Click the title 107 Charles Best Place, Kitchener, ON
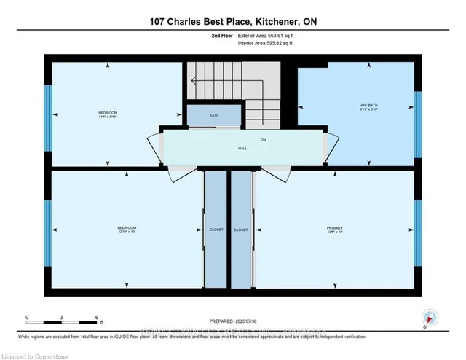pos(232,22)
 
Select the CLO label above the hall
pos(214,115)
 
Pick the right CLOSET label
pos(241,230)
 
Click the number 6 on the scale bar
pos(98,318)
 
